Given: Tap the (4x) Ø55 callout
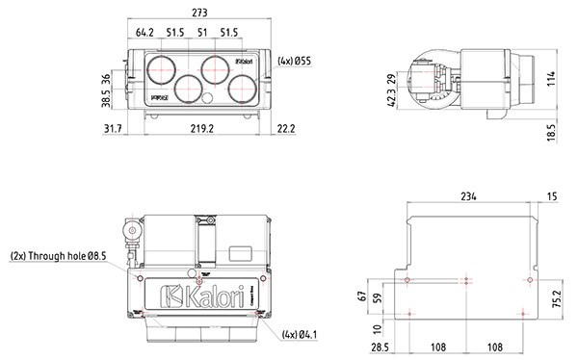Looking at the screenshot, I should click(x=295, y=61).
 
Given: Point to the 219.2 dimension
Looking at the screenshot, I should click(x=201, y=127).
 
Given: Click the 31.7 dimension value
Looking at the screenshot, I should click(x=113, y=127).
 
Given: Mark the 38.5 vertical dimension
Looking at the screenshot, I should click(x=107, y=97).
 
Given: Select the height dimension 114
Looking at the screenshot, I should click(x=552, y=78).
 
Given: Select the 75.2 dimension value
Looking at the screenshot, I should click(x=558, y=296).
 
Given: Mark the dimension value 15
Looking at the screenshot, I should click(x=550, y=195).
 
